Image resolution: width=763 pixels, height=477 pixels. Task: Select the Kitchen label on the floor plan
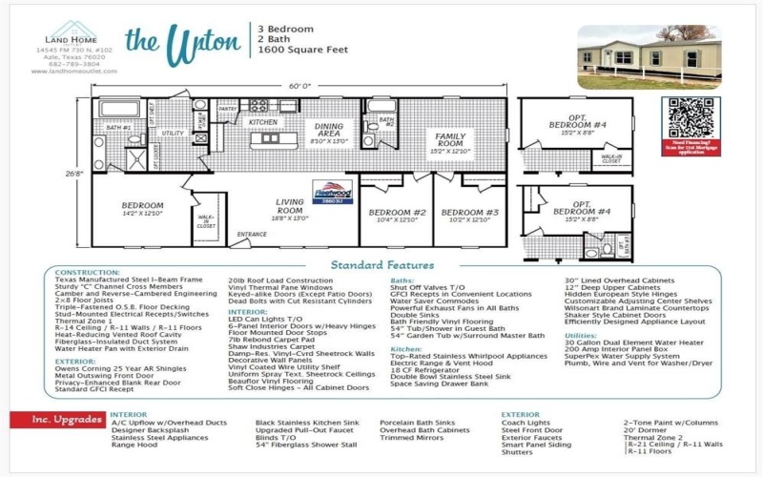pos(263,123)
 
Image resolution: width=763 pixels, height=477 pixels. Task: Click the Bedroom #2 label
pos(397,212)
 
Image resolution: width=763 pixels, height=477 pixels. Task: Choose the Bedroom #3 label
pos(470,212)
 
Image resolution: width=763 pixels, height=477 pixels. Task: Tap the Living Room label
pos(290,205)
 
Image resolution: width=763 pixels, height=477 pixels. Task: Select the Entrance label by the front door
pos(252,234)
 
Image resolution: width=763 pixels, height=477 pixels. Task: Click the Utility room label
pos(173,134)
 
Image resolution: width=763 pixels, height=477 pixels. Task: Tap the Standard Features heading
pos(381,264)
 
